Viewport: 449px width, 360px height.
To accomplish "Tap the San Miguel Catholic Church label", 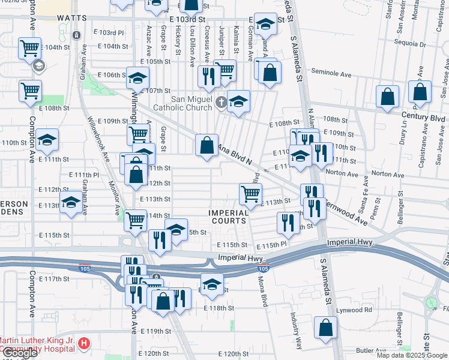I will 184,103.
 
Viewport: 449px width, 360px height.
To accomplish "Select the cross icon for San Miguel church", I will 221,103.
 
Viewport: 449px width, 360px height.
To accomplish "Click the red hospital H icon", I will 85,344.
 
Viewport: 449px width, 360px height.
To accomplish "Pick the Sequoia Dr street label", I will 410,44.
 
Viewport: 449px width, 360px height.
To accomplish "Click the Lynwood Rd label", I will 354,310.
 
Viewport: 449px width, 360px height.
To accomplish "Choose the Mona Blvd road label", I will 262,292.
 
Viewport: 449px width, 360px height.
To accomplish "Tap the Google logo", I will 19,353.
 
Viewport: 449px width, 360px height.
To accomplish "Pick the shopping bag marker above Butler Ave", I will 325,328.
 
